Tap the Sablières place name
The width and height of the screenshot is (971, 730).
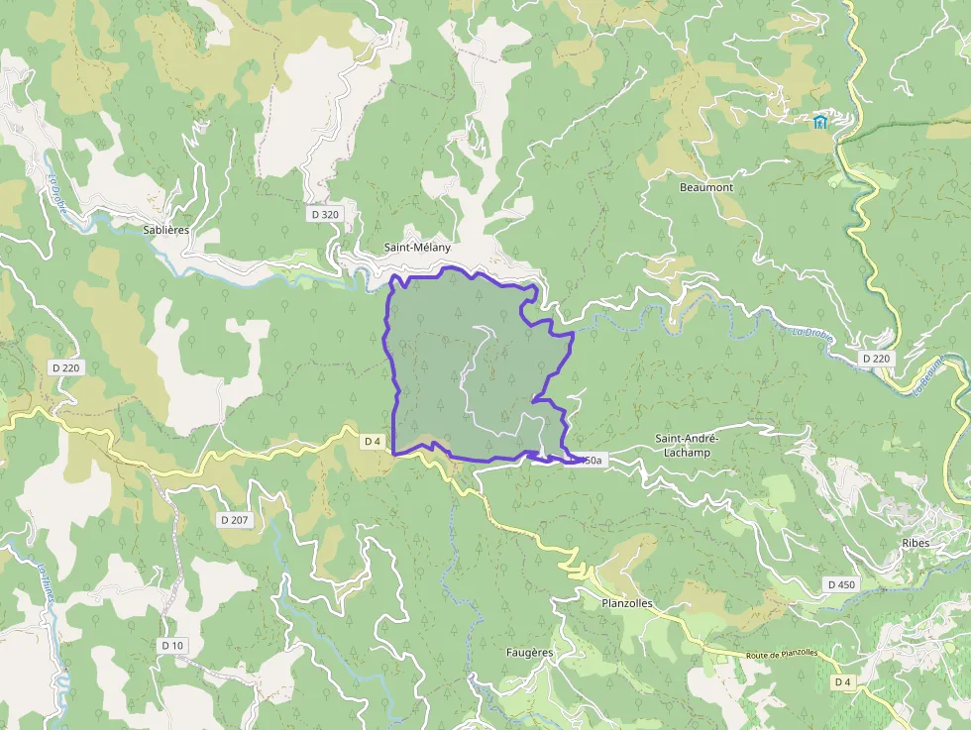(165, 229)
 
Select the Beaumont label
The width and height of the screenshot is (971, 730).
(706, 187)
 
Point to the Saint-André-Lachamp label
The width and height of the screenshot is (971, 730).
(683, 445)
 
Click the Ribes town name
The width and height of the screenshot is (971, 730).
(917, 543)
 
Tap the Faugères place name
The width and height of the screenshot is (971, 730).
(529, 652)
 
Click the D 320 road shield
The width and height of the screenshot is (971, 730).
(324, 214)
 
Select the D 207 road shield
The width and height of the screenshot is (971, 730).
(233, 519)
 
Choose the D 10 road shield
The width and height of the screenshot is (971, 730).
(172, 645)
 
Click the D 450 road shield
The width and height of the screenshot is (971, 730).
(840, 584)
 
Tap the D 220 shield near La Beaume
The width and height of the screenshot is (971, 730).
(876, 358)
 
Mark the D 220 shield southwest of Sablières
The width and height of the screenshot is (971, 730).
(65, 367)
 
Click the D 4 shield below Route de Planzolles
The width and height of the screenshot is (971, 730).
(842, 681)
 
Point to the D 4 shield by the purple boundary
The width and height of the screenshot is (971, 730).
(373, 441)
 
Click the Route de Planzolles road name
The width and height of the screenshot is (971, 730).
(782, 655)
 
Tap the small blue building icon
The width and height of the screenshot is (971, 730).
(820, 122)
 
